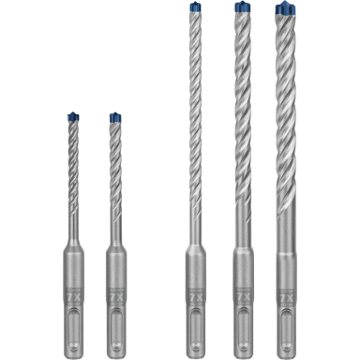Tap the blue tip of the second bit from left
[x=114, y=117]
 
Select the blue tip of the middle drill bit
[x=194, y=8]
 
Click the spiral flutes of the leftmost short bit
[x=72, y=178]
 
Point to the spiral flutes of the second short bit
[x=115, y=178]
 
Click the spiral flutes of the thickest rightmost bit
[x=286, y=122]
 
